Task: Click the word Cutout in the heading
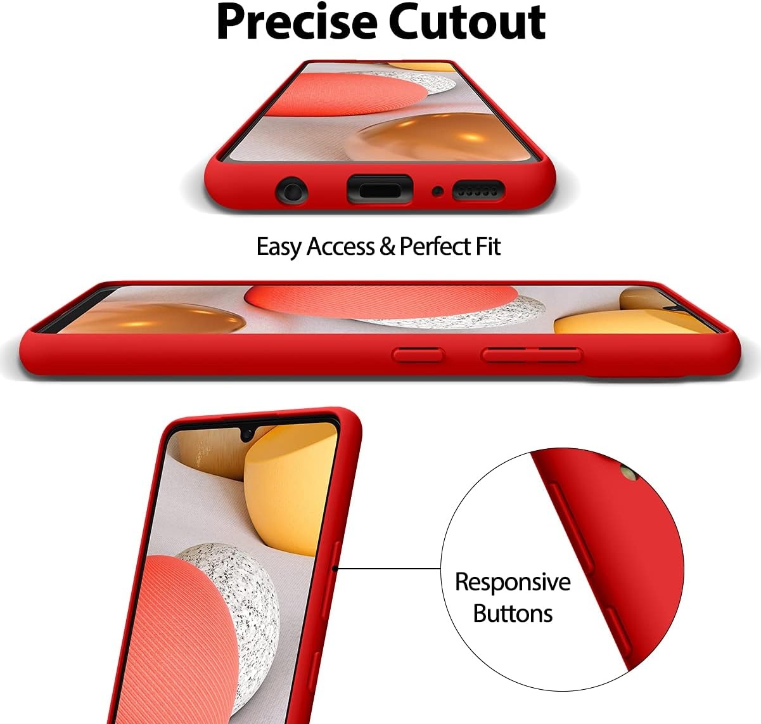pyautogui.click(x=467, y=23)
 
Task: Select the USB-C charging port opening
pyautogui.click(x=380, y=189)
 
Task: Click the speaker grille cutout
pyautogui.click(x=478, y=190)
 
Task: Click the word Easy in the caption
pyautogui.click(x=279, y=247)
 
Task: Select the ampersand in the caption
pyautogui.click(x=387, y=247)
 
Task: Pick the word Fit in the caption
pyautogui.click(x=488, y=247)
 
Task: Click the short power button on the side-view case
pyautogui.click(x=418, y=354)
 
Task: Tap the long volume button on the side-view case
pyautogui.click(x=531, y=354)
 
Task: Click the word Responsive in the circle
pyautogui.click(x=513, y=581)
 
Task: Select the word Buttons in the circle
pyautogui.click(x=513, y=613)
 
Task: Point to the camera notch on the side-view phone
pyautogui.click(x=684, y=306)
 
